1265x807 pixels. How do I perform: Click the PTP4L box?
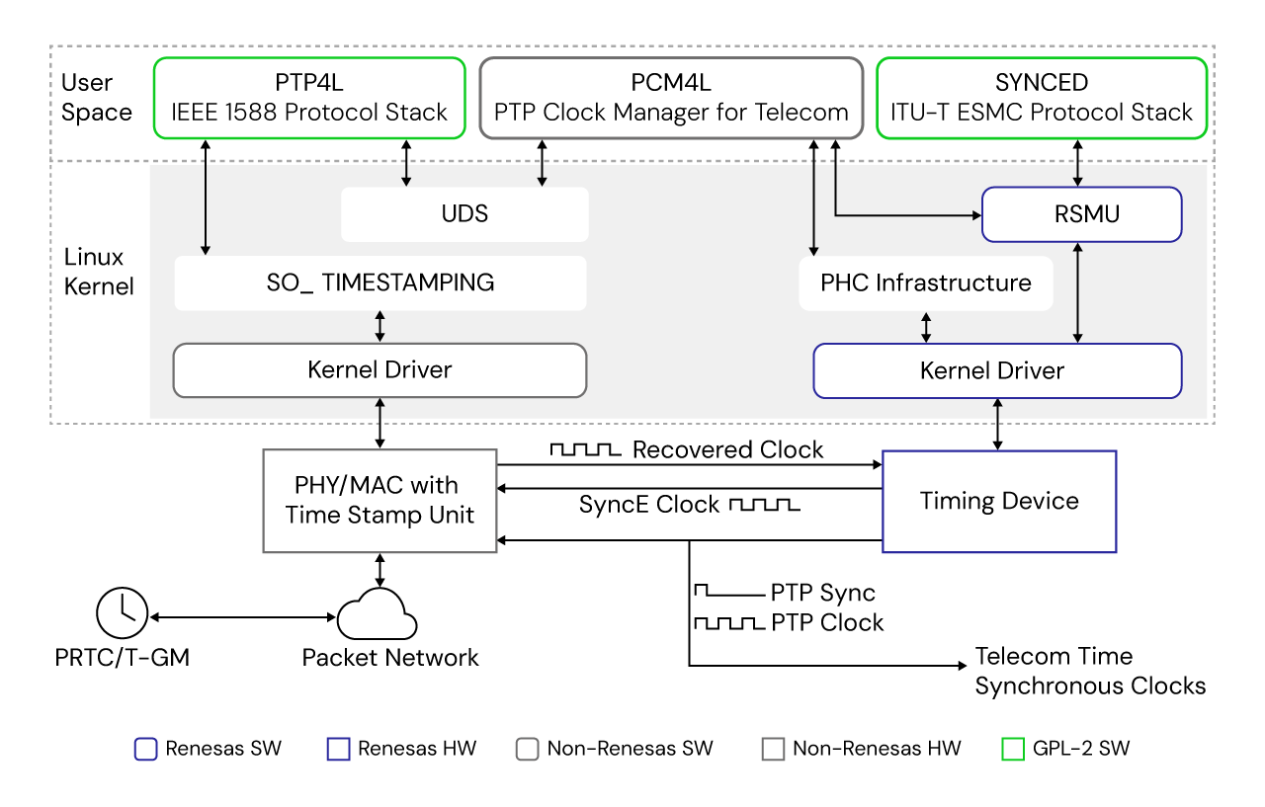pyautogui.click(x=308, y=97)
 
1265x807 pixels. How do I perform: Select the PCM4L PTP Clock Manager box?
pyautogui.click(x=671, y=97)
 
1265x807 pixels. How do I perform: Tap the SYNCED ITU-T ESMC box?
pyautogui.click(x=1042, y=97)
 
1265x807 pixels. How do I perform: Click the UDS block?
pyautogui.click(x=464, y=214)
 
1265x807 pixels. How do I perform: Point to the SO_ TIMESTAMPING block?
pyautogui.click(x=380, y=282)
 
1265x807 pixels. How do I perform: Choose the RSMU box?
pyautogui.click(x=1081, y=214)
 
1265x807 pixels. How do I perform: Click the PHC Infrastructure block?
pyautogui.click(x=925, y=283)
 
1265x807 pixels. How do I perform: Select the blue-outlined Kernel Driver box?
pyautogui.click(x=996, y=370)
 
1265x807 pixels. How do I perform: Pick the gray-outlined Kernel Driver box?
pyautogui.click(x=379, y=370)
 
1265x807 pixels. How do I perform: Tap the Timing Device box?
pyautogui.click(x=998, y=501)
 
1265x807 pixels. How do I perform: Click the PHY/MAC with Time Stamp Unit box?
pyautogui.click(x=379, y=500)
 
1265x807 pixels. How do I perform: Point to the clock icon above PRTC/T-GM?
pyautogui.click(x=121, y=611)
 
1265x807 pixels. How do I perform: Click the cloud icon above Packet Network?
pyautogui.click(x=377, y=613)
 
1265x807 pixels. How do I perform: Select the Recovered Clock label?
pyautogui.click(x=727, y=450)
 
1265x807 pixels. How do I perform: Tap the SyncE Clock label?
pyautogui.click(x=649, y=505)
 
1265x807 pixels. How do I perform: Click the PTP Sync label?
pyautogui.click(x=822, y=593)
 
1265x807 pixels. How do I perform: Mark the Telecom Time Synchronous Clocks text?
pyautogui.click(x=1090, y=671)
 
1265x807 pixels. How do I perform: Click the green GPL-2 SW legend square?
pyautogui.click(x=1012, y=749)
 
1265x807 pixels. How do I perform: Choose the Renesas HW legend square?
pyautogui.click(x=338, y=749)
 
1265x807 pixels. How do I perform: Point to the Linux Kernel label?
pyautogui.click(x=95, y=272)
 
